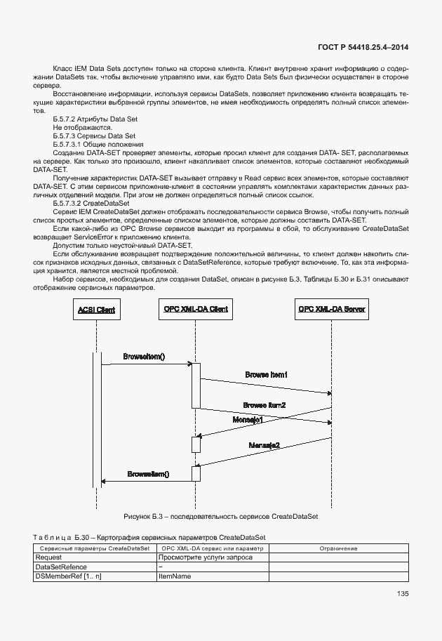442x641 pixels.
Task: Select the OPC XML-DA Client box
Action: pyautogui.click(x=196, y=309)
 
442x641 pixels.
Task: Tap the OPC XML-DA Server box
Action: pyautogui.click(x=332, y=309)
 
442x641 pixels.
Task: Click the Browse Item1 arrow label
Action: pyautogui.click(x=267, y=375)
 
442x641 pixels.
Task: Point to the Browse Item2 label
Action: pyautogui.click(x=264, y=406)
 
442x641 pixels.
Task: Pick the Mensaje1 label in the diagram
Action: pyautogui.click(x=248, y=419)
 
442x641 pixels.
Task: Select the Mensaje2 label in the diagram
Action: pyautogui.click(x=265, y=445)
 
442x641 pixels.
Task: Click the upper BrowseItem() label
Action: pyautogui.click(x=144, y=357)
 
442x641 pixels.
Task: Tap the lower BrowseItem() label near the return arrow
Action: pyautogui.click(x=148, y=475)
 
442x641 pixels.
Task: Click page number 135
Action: pyautogui.click(x=402, y=594)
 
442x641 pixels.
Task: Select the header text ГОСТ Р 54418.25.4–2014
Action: pyautogui.click(x=359, y=46)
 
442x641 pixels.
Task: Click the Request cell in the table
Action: pyautogui.click(x=48, y=556)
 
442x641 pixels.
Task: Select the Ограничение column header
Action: pyautogui.click(x=338, y=547)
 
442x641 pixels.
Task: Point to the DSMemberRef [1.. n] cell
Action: pyautogui.click(x=68, y=576)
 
